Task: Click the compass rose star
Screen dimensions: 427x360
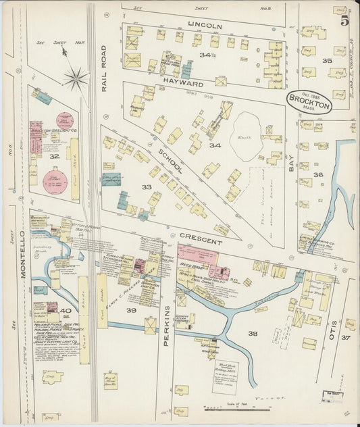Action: (76, 78)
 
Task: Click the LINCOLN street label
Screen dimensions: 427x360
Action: (205, 26)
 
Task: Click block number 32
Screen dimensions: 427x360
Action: (54, 156)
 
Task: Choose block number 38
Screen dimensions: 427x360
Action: (253, 334)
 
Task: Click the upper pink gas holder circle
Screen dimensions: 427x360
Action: (65, 122)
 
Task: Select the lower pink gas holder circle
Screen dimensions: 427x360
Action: (55, 181)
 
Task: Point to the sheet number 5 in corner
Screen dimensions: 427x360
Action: (344, 21)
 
